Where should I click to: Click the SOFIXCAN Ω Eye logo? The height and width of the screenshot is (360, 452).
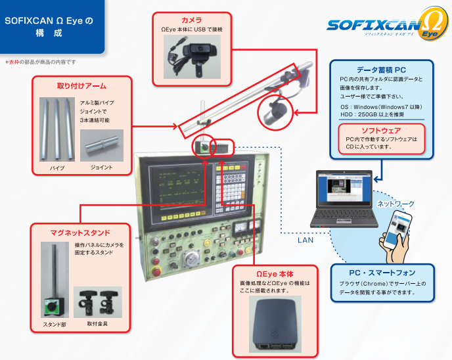[x=385, y=28]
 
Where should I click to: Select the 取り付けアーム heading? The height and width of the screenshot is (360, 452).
[x=82, y=85]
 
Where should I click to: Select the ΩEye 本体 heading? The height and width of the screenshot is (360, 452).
[x=275, y=273]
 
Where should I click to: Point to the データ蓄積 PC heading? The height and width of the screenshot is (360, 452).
[x=381, y=69]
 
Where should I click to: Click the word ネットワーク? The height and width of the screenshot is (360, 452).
[x=395, y=204]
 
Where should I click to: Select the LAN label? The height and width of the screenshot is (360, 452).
[x=305, y=240]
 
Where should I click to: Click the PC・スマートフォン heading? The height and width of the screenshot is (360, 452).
[x=382, y=273]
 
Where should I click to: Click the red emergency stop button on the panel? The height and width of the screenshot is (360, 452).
[x=157, y=269]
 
